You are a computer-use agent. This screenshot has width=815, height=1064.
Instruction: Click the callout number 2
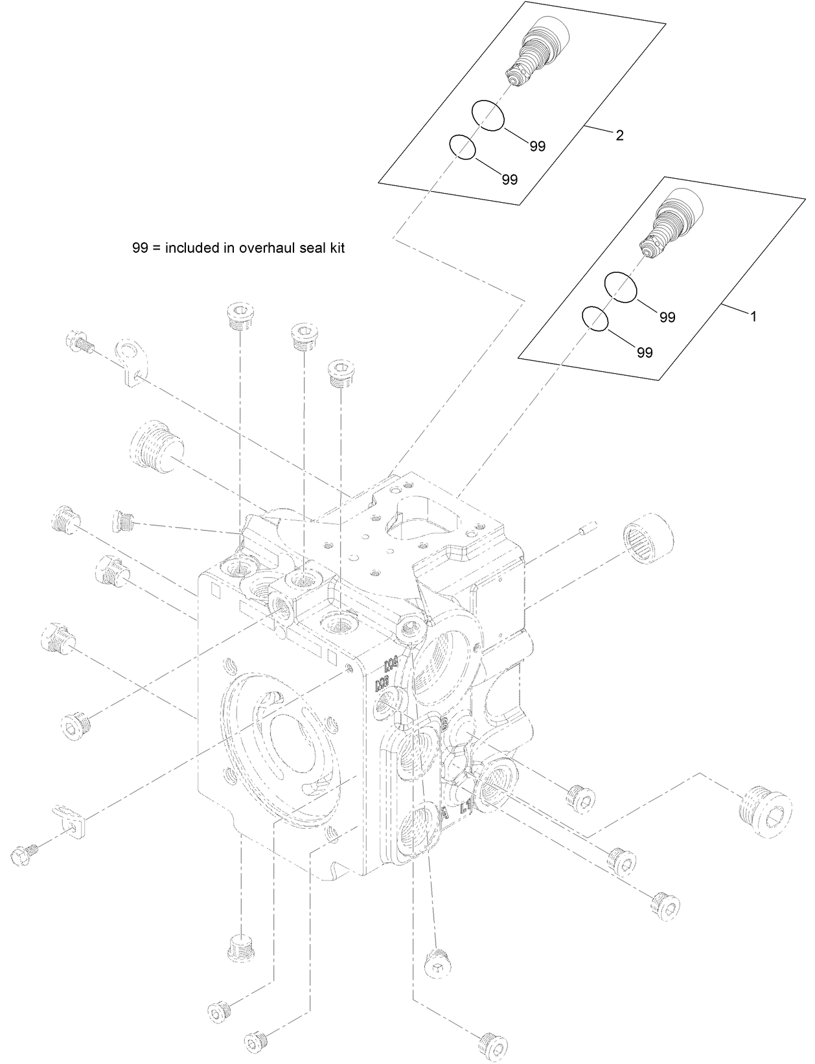[619, 135]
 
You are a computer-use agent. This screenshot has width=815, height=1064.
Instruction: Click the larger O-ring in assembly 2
[487, 115]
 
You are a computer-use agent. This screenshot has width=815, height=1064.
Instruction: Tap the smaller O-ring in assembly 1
[595, 319]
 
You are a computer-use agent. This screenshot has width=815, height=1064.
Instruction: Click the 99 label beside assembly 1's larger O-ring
[667, 318]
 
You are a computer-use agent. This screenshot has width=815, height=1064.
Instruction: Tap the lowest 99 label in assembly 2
[510, 180]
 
